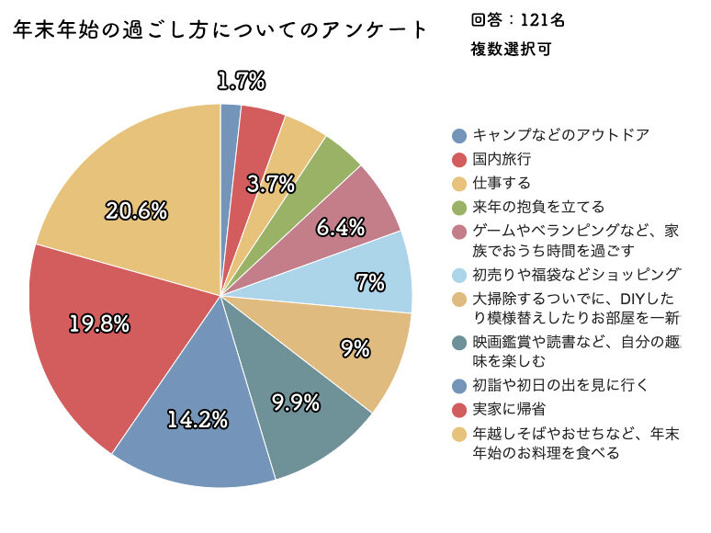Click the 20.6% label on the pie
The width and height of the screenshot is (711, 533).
136,211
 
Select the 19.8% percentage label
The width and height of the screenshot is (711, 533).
99,323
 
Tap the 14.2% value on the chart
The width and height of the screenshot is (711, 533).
197,419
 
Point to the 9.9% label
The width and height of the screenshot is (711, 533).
296,402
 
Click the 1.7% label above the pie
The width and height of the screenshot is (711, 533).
241,82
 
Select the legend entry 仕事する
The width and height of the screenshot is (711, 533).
502,183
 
